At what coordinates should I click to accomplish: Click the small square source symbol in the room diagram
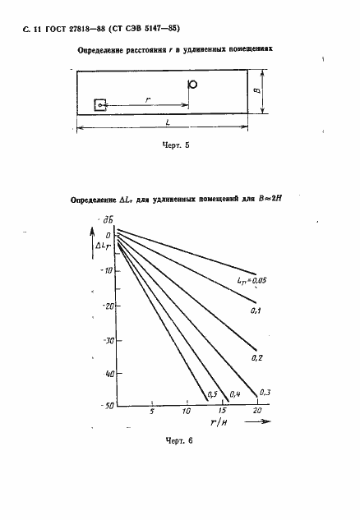click(x=100, y=104)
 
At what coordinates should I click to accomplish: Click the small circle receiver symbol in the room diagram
click(x=192, y=84)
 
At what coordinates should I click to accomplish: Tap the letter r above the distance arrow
click(x=147, y=98)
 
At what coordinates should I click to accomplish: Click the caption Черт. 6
click(x=177, y=441)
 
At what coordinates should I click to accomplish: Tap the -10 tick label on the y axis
click(x=105, y=270)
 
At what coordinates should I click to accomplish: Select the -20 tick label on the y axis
click(x=105, y=305)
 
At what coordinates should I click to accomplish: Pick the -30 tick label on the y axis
click(x=105, y=339)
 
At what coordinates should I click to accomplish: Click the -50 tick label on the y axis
click(x=105, y=406)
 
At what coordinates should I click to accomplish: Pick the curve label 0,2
click(x=256, y=357)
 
